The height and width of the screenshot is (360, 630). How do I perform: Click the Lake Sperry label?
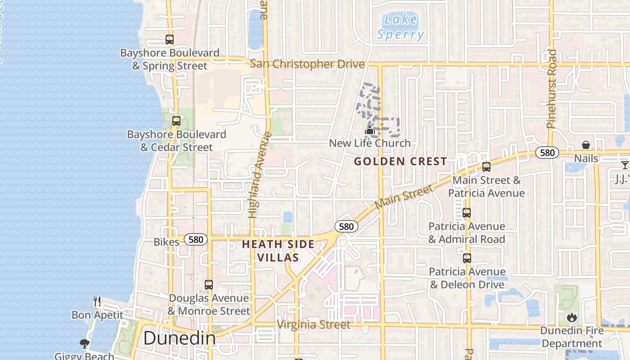(x=400, y=27)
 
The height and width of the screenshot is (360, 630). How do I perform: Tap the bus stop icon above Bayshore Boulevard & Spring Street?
(x=170, y=40)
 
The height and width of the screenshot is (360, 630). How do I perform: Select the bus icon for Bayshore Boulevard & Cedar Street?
(x=176, y=121)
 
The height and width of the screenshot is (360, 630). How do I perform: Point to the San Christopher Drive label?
(x=307, y=64)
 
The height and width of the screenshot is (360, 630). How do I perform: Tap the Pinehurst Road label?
(x=552, y=89)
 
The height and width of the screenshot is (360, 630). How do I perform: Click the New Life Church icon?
(x=369, y=130)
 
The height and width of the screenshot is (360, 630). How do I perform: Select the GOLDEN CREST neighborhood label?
(x=400, y=161)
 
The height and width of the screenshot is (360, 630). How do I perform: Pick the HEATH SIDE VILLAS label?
(x=278, y=251)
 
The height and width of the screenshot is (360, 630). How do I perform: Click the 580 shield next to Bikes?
(x=196, y=240)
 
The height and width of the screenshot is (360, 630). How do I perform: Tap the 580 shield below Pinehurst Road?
(x=547, y=153)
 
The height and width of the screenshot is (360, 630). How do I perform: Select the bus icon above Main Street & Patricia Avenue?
(x=486, y=167)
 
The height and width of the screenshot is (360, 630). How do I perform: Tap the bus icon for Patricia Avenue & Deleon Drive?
(x=467, y=258)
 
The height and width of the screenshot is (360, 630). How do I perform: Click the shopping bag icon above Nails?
(x=586, y=145)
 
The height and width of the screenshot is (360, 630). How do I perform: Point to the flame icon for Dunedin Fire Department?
(x=572, y=317)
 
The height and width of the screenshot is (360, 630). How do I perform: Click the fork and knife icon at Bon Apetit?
(x=97, y=301)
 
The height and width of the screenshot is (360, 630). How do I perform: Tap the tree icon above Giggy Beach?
(x=84, y=344)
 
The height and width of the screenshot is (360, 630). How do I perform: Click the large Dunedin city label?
(x=180, y=338)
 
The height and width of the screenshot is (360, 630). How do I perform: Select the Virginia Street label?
(x=314, y=324)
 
